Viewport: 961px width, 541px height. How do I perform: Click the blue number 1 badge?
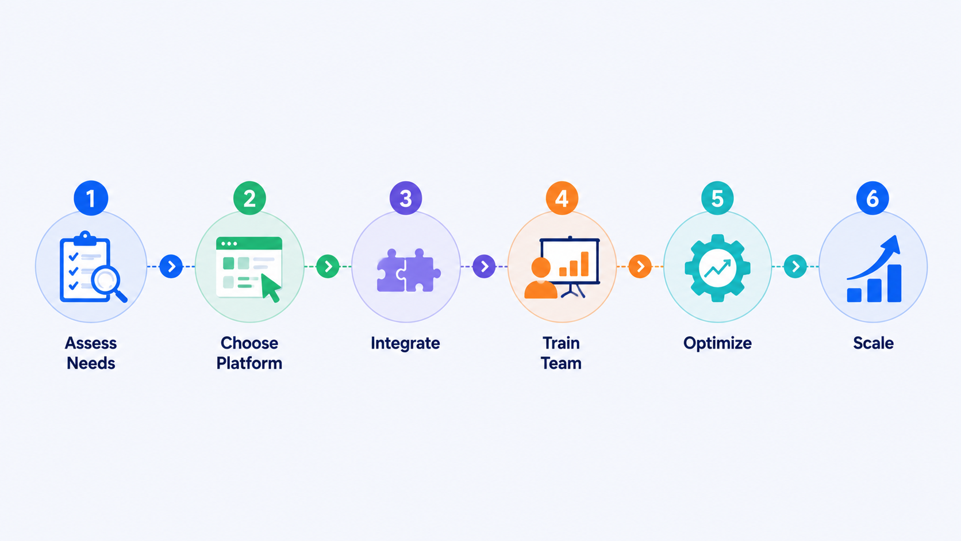click(90, 198)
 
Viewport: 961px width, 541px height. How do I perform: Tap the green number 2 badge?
click(249, 198)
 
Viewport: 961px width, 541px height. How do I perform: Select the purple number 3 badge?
click(405, 198)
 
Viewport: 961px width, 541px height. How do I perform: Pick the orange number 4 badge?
click(562, 198)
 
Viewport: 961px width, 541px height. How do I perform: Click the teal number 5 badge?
click(717, 198)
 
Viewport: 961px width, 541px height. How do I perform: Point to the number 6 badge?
click(872, 198)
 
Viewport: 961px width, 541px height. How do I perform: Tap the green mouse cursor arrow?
click(271, 287)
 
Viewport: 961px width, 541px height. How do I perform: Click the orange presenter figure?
click(540, 278)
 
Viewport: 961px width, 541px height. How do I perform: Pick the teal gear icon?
click(717, 268)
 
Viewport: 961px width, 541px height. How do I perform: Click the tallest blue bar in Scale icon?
click(894, 283)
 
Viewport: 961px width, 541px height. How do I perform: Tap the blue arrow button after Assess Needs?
click(171, 266)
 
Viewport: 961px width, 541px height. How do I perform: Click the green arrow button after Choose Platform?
click(328, 266)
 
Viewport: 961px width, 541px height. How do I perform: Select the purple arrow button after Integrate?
click(484, 266)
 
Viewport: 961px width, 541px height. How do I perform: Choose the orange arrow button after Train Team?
click(640, 266)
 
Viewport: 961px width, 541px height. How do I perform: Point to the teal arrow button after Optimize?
click(795, 266)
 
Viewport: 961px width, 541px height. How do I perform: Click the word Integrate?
click(405, 344)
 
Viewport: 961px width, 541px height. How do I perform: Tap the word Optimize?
click(717, 344)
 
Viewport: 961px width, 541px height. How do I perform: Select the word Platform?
click(249, 363)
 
